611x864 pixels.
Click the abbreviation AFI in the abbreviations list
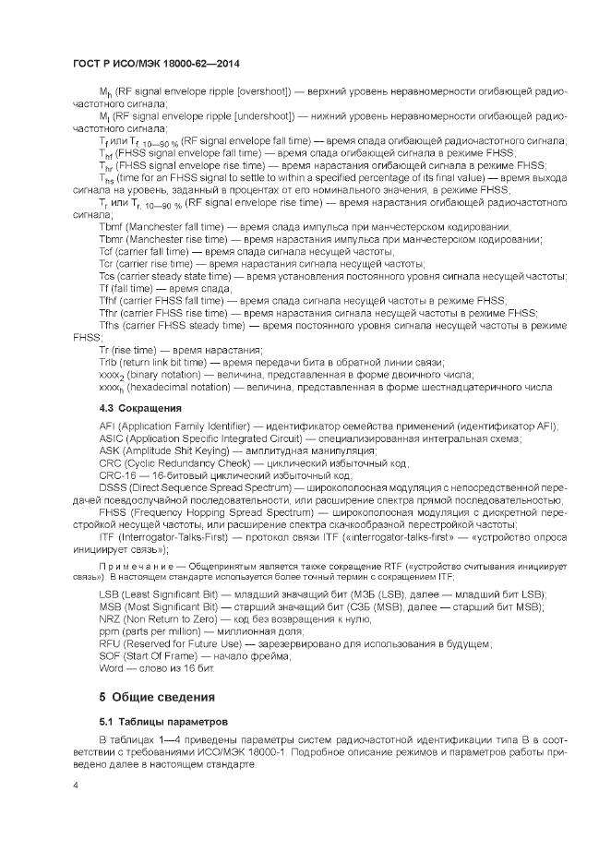(x=106, y=426)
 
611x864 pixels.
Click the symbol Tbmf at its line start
(x=111, y=227)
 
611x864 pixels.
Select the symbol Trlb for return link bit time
(x=108, y=362)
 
